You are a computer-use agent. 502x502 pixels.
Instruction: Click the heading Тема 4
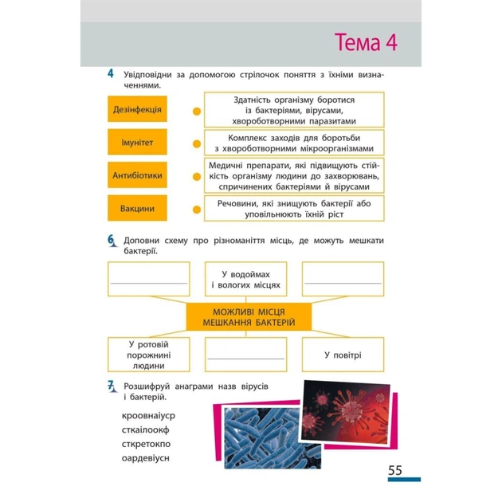click(366, 42)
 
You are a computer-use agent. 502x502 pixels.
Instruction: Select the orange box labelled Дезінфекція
click(137, 109)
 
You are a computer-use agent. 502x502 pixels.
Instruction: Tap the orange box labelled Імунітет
click(137, 142)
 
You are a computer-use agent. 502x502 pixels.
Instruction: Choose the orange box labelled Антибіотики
click(137, 175)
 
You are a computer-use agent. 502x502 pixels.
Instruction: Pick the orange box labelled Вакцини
click(137, 208)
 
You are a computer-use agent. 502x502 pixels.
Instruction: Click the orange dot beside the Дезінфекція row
click(197, 112)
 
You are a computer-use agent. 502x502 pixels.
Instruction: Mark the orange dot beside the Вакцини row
click(197, 210)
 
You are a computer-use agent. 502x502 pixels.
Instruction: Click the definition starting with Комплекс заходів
click(294, 143)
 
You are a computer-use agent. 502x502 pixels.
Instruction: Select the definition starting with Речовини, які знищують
click(294, 209)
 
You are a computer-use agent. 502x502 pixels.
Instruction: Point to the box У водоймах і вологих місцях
click(245, 279)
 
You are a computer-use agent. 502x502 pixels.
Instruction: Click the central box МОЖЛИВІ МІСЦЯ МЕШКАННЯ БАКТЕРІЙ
click(249, 317)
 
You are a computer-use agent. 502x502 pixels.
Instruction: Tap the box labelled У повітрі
click(343, 355)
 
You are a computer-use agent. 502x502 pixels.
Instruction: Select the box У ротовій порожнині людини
click(148, 355)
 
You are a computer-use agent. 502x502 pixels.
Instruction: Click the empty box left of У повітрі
click(245, 355)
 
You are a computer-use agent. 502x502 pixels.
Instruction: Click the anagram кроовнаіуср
click(148, 416)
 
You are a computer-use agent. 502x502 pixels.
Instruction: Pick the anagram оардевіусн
click(145, 458)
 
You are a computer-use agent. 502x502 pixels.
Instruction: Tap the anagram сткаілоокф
click(145, 430)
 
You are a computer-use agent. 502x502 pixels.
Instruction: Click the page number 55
click(395, 470)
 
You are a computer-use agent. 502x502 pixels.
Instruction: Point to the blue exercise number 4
click(111, 73)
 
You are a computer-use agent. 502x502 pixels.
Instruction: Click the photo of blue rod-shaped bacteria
click(273, 438)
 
